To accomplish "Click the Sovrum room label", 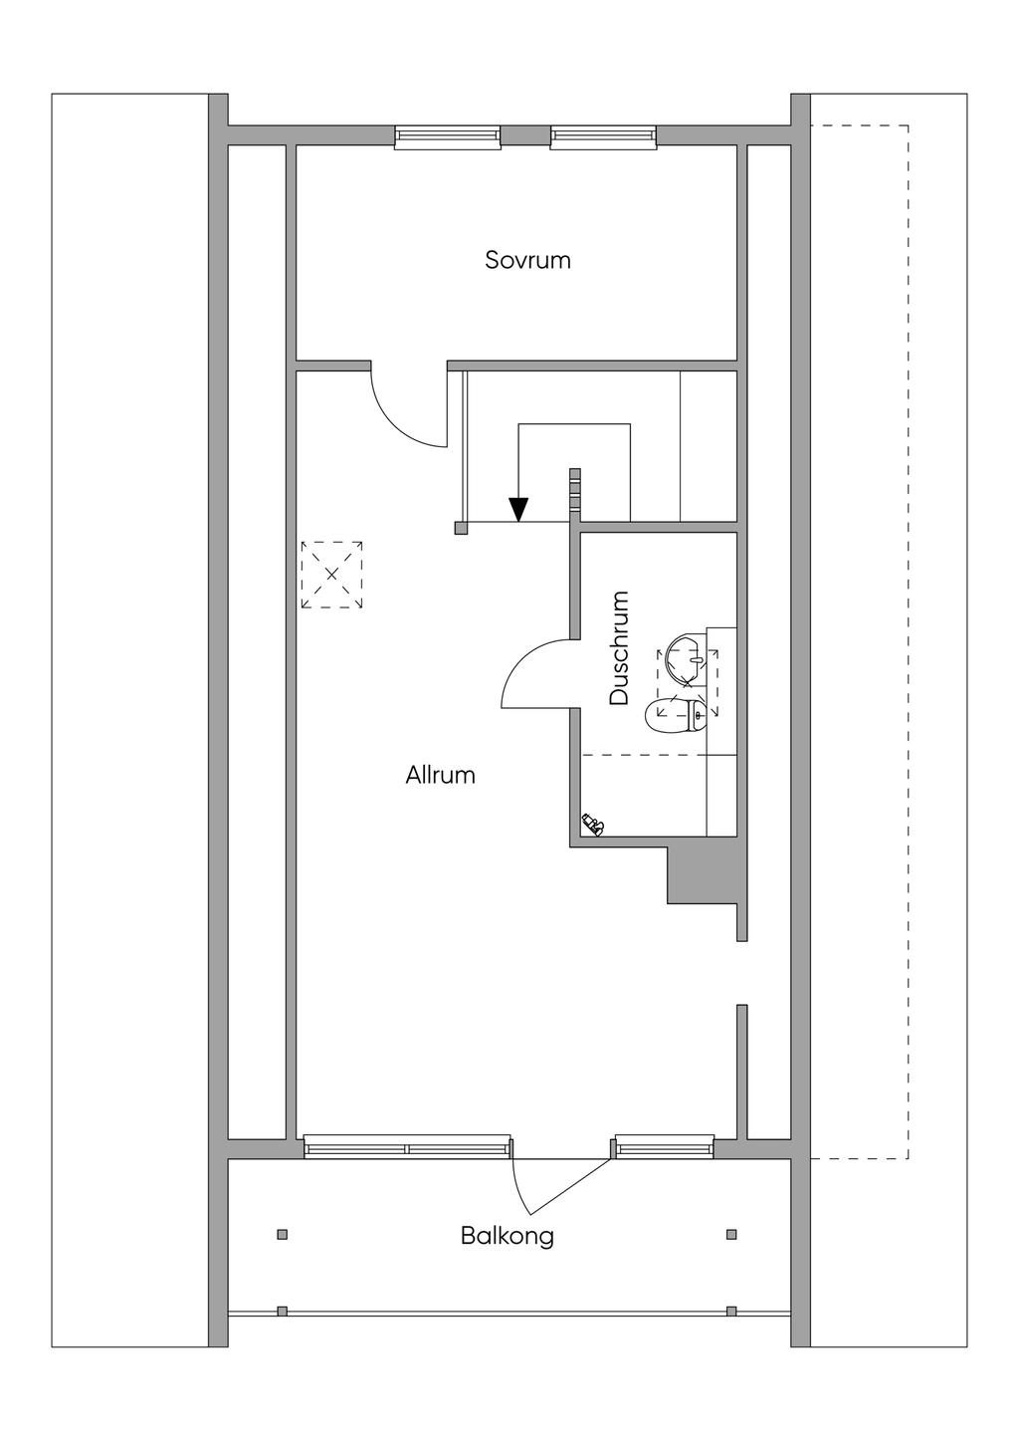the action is (x=527, y=260).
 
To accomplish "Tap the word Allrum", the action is (x=440, y=775).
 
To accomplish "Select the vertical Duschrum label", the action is (x=620, y=648).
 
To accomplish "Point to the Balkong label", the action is (x=507, y=1236).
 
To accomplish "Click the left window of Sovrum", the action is (x=447, y=137).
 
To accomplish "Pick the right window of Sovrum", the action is (x=603, y=137).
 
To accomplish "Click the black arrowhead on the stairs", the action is (x=517, y=509).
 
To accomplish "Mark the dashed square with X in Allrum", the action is (x=331, y=575).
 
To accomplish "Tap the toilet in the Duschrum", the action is (x=675, y=712).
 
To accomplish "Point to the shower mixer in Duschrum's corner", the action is (x=593, y=823).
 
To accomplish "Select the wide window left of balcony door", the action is (x=407, y=1146).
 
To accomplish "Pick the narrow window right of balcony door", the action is (x=664, y=1146).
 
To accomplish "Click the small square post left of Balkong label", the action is (x=283, y=1235).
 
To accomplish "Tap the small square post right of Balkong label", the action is (x=731, y=1235).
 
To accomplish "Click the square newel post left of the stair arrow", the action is (x=461, y=528).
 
